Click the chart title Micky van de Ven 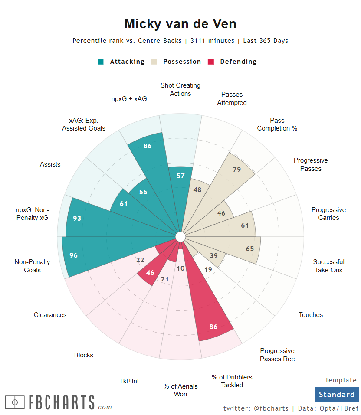coord(180,23)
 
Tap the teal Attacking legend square coord(101,62)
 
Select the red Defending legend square coord(211,62)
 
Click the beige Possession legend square coord(154,62)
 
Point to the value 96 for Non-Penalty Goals coord(73,255)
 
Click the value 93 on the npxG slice coord(77,218)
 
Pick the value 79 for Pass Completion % coord(237,169)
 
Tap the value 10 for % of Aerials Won coord(181,268)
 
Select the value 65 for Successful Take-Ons coord(250,249)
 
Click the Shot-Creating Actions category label coord(180,89)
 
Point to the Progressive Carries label coord(328,214)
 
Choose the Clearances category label coord(50,315)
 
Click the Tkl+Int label coord(129,381)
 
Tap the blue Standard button coord(337,395)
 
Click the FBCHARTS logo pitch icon coord(15,402)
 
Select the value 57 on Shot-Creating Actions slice coord(181,176)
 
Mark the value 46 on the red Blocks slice coord(151,273)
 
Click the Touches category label coord(311,315)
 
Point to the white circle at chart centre coord(180,236)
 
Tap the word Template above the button coord(341,380)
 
